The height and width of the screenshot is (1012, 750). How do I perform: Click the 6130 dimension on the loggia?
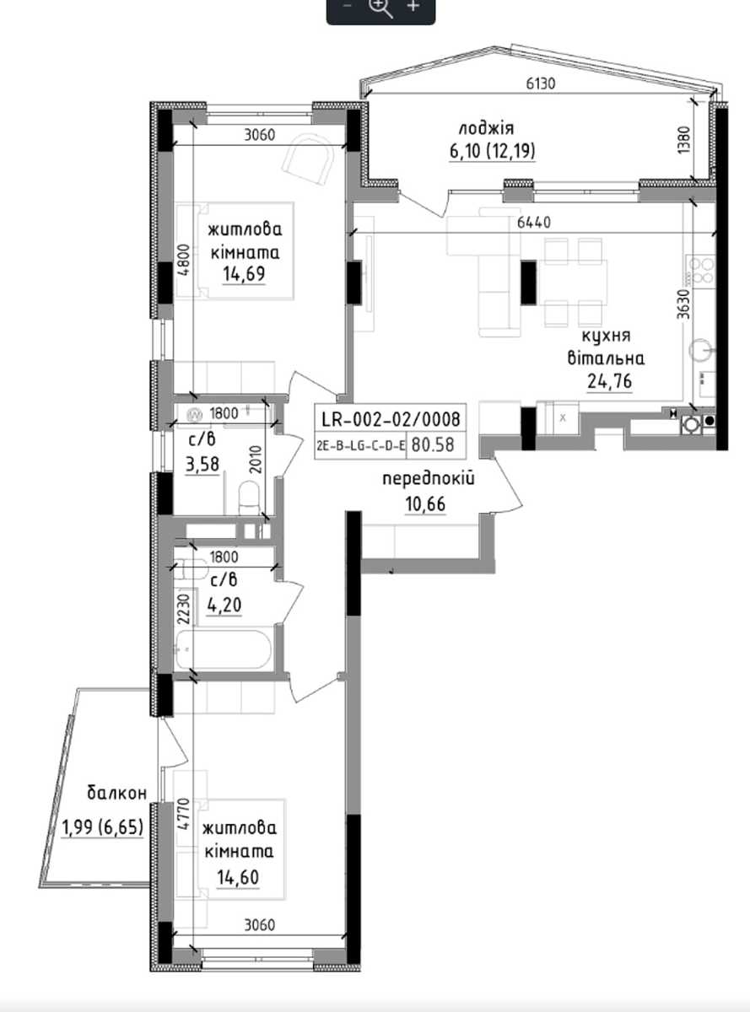[x=541, y=83]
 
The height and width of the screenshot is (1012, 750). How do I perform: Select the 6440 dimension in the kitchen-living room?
[x=534, y=222]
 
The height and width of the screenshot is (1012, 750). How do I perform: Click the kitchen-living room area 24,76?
[x=609, y=381]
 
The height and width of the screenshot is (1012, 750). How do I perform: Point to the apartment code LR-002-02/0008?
[x=391, y=418]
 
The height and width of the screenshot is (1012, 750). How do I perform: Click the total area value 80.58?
[x=433, y=444]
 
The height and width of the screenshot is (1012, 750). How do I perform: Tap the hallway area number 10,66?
[x=425, y=504]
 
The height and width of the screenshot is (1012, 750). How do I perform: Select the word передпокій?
[x=429, y=479]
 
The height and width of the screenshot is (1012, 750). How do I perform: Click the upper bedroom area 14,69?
[x=244, y=274]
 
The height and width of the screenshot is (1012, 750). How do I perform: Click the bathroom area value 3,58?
[x=202, y=465]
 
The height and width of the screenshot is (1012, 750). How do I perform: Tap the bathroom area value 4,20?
[x=224, y=605]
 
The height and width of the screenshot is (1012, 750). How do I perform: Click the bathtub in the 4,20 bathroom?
[x=223, y=649]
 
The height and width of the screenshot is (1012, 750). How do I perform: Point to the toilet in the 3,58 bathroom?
[x=249, y=497]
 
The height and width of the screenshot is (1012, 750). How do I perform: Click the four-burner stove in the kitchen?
[x=700, y=271]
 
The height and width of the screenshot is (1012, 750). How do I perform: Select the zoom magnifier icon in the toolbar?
[x=381, y=8]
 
